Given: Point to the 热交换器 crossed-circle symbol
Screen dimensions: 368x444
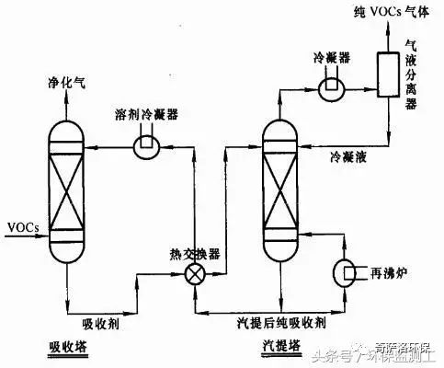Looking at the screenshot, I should tap(195, 274).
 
